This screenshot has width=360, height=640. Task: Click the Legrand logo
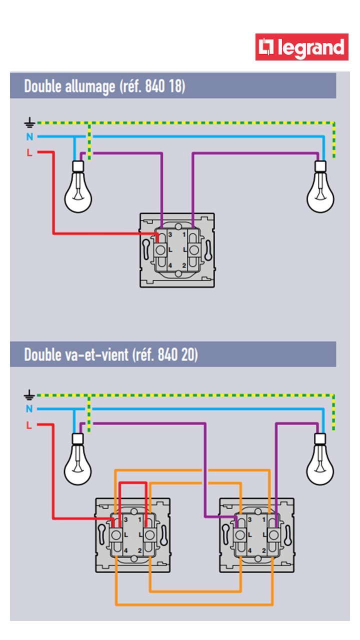pyautogui.click(x=301, y=47)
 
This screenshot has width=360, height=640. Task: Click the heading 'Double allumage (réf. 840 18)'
pyautogui.click(x=104, y=86)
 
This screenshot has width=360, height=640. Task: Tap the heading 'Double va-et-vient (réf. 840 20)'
pyautogui.click(x=111, y=355)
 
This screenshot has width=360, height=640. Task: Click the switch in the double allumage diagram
pyautogui.click(x=177, y=250)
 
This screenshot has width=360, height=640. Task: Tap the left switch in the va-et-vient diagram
pyautogui.click(x=132, y=535)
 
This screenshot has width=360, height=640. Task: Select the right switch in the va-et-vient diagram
pyautogui.click(x=257, y=535)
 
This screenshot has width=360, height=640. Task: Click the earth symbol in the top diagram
pyautogui.click(x=29, y=122)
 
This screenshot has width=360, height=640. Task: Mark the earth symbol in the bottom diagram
pyautogui.click(x=29, y=395)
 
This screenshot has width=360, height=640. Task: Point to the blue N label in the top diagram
pyautogui.click(x=29, y=136)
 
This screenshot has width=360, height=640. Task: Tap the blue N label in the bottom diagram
pyautogui.click(x=29, y=409)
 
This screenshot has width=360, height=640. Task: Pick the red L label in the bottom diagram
pyautogui.click(x=29, y=425)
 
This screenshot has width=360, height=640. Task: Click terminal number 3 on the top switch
pyautogui.click(x=170, y=234)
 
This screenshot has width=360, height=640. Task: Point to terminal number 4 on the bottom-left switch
pyautogui.click(x=125, y=550)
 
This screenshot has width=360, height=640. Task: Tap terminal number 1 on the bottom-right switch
pyautogui.click(x=264, y=520)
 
